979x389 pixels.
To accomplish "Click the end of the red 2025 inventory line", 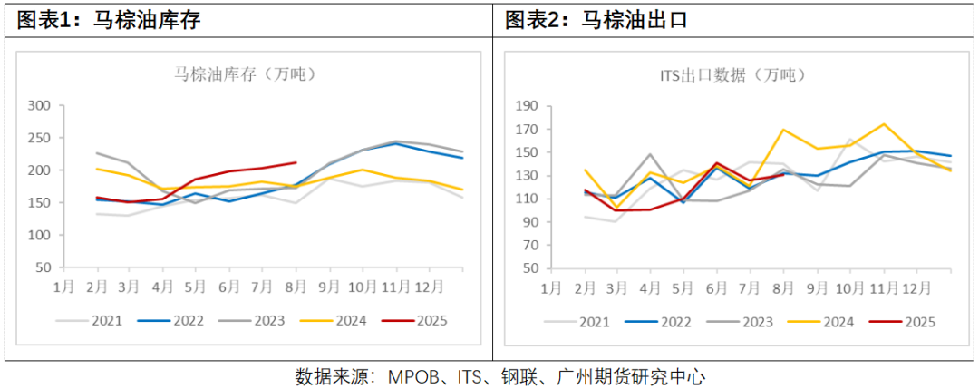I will [296, 163].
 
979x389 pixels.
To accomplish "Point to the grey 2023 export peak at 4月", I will [650, 155].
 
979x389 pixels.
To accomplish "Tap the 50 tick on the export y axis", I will [529, 268].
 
